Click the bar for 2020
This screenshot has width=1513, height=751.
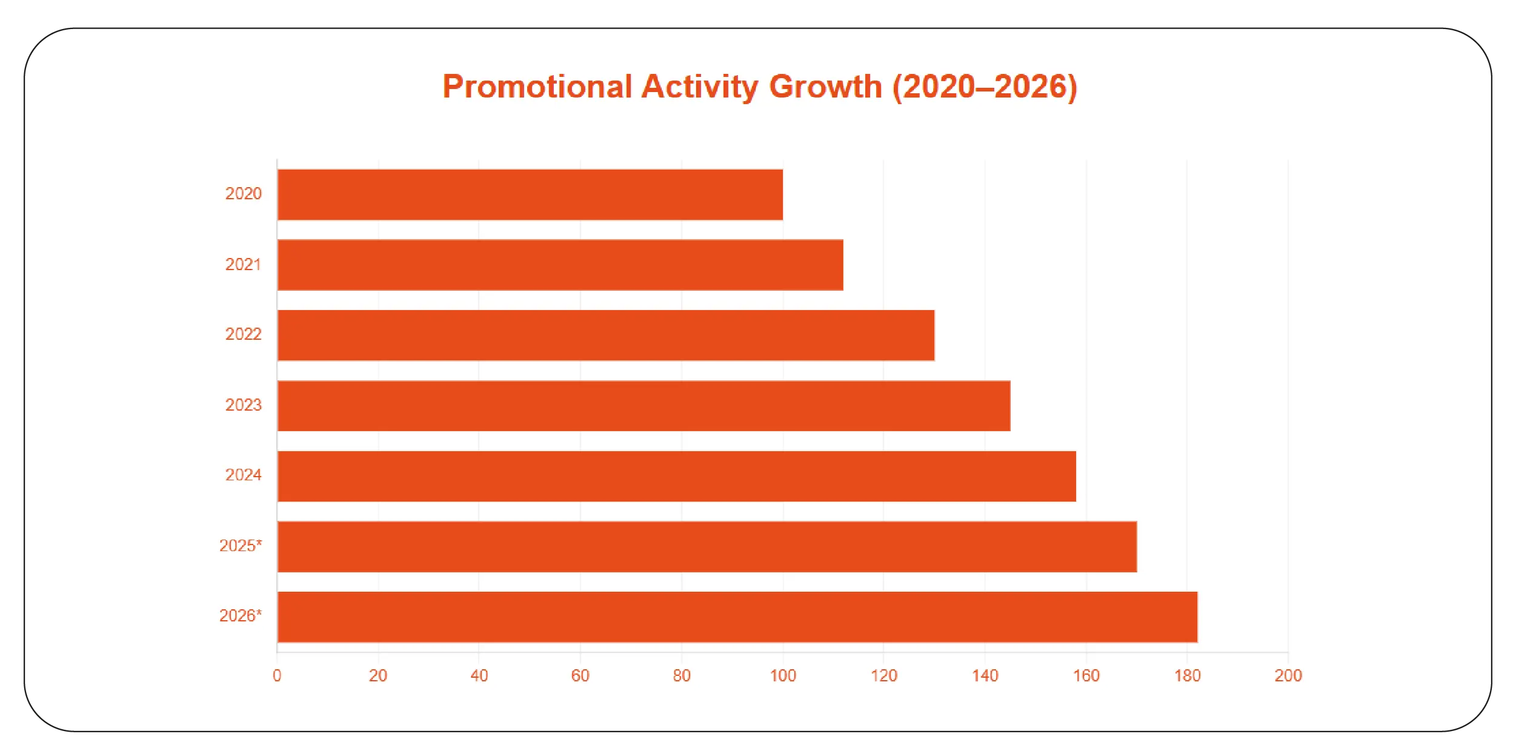pyautogui.click(x=530, y=194)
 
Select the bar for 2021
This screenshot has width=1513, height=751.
pyautogui.click(x=560, y=265)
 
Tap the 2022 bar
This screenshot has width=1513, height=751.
pyautogui.click(x=606, y=335)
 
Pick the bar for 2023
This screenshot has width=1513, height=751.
pyautogui.click(x=643, y=406)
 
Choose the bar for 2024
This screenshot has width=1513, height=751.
pyautogui.click(x=677, y=476)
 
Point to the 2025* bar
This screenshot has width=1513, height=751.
pyautogui.click(x=707, y=546)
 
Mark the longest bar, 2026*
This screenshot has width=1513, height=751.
pyautogui.click(x=737, y=617)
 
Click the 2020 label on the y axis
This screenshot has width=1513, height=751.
pyautogui.click(x=243, y=194)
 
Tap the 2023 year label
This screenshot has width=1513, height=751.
pyautogui.click(x=243, y=405)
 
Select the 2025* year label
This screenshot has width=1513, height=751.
pyautogui.click(x=240, y=546)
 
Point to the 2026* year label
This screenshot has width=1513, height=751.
pyautogui.click(x=240, y=616)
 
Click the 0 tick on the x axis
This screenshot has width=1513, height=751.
pyautogui.click(x=277, y=675)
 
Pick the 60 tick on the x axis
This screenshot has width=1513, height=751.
pyautogui.click(x=580, y=675)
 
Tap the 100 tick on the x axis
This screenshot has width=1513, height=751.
pyautogui.click(x=783, y=675)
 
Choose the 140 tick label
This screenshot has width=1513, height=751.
pyautogui.click(x=985, y=675)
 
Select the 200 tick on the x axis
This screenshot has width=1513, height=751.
pyautogui.click(x=1288, y=675)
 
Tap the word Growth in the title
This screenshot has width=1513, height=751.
pyautogui.click(x=825, y=87)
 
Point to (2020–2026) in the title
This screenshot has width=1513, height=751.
pyautogui.click(x=985, y=87)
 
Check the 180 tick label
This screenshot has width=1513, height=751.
pyautogui.click(x=1187, y=675)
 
